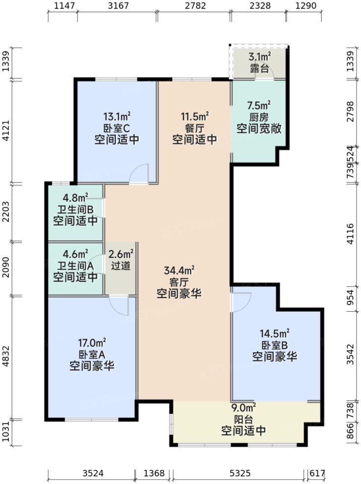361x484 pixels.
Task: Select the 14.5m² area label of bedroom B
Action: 275,334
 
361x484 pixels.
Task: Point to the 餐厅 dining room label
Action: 194,128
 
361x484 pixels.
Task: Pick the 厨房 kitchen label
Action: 259,117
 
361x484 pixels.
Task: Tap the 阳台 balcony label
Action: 243,419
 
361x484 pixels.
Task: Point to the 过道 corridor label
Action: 121,267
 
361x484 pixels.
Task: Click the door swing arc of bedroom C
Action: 140,173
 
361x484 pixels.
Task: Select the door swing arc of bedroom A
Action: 119,305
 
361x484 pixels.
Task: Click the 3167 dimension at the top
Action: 117,6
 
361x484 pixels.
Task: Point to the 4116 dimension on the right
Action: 350,234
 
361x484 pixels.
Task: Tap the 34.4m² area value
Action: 179,270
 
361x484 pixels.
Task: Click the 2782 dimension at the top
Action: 195,6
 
